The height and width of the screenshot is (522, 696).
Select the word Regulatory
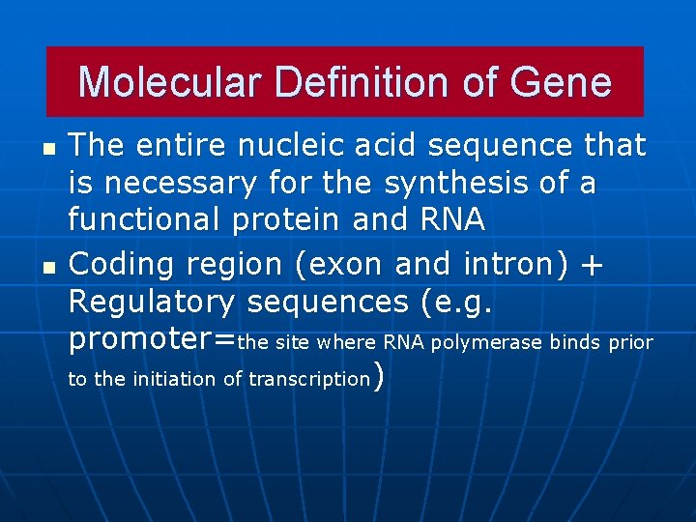tap(152, 303)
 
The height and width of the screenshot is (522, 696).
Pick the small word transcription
tap(309, 380)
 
